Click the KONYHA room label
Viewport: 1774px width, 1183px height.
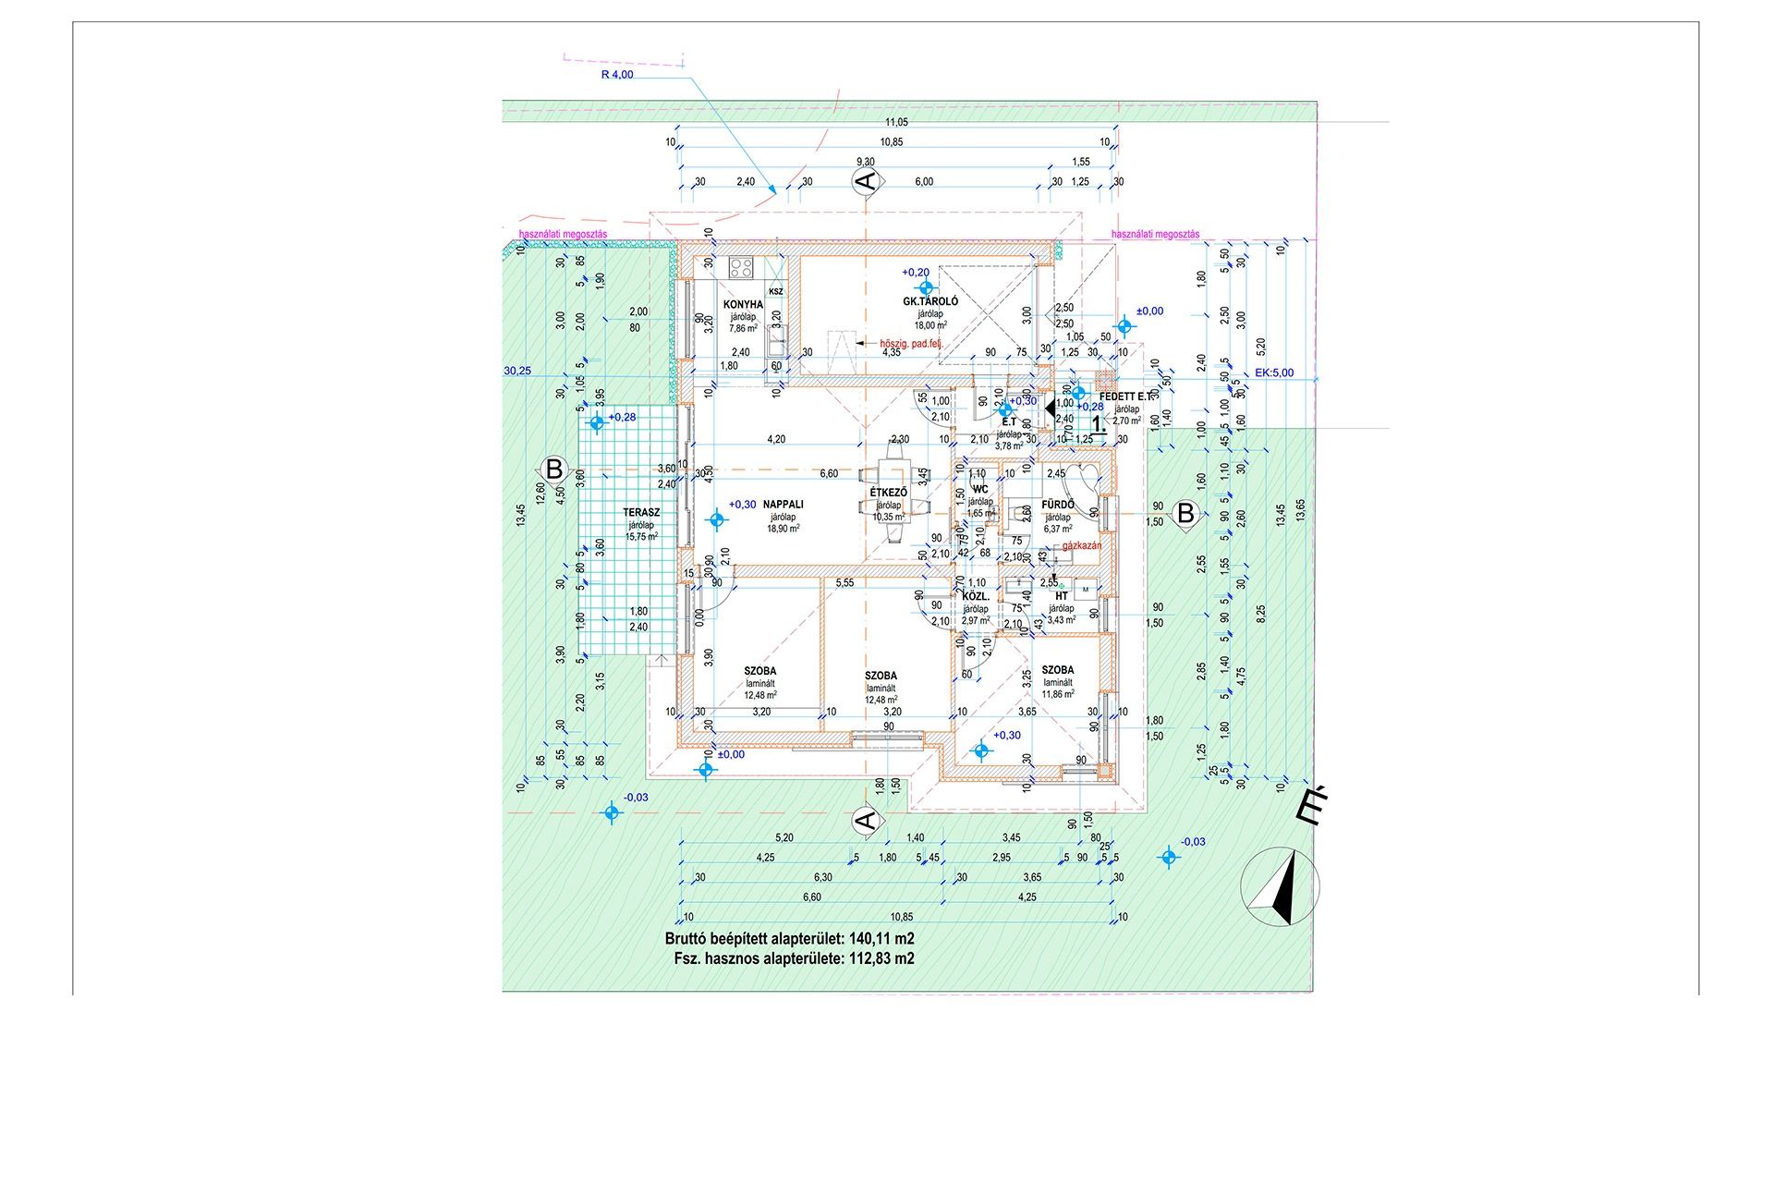pos(743,304)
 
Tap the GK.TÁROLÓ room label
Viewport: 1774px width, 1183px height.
pos(930,301)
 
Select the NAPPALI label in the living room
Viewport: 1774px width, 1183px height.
pos(783,505)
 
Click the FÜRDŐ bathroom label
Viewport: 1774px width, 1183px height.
pos(1057,505)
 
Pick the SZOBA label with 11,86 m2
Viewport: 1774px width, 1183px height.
pos(1058,670)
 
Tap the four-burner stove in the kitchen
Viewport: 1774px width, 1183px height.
pos(741,268)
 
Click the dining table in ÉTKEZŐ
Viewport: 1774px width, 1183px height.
pos(893,499)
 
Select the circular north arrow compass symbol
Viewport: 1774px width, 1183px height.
pos(1280,887)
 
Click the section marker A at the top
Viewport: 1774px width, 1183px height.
pos(865,181)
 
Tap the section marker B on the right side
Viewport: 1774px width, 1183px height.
pos(1185,513)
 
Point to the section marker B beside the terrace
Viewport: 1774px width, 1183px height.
pos(553,469)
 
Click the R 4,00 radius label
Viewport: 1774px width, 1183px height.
pos(616,75)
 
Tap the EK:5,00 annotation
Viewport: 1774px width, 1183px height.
pos(1274,373)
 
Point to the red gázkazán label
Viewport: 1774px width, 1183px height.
pos(1082,546)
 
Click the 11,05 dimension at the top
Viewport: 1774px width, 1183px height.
pos(896,122)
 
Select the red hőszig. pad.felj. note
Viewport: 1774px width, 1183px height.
pos(911,344)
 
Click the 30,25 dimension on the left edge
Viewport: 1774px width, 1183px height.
pos(517,372)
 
